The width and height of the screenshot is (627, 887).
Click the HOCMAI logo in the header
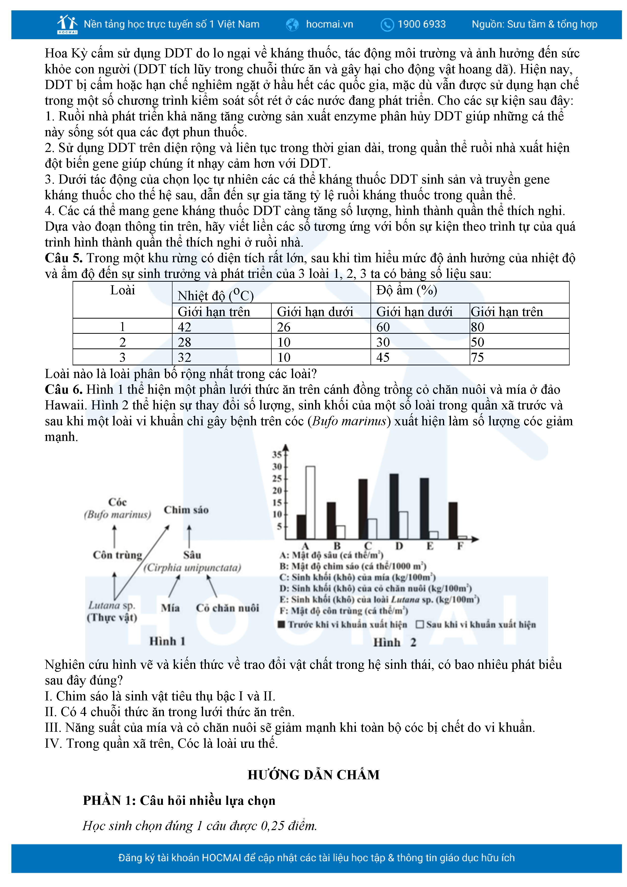tap(67, 24)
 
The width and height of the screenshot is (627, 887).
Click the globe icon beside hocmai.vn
tap(292, 25)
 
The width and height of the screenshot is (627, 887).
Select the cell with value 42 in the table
tap(185, 327)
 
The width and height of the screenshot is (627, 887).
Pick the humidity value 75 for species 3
tap(478, 357)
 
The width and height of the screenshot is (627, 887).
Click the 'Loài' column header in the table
tap(122, 290)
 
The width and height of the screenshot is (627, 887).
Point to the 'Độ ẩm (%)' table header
tap(407, 290)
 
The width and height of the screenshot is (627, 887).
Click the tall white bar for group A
tap(310, 502)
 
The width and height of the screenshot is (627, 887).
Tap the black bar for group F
tap(453, 520)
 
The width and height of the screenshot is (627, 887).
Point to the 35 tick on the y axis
tap(277, 454)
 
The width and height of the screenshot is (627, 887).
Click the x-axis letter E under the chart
tap(429, 546)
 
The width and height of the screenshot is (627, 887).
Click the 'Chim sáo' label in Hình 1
tap(186, 510)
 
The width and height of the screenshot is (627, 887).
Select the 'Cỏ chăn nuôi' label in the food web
tap(228, 608)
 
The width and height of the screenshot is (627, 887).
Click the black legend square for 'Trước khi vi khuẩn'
tap(282, 624)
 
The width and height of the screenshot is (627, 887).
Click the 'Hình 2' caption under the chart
tap(394, 642)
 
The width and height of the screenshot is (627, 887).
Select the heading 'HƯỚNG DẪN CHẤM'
tap(313, 774)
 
